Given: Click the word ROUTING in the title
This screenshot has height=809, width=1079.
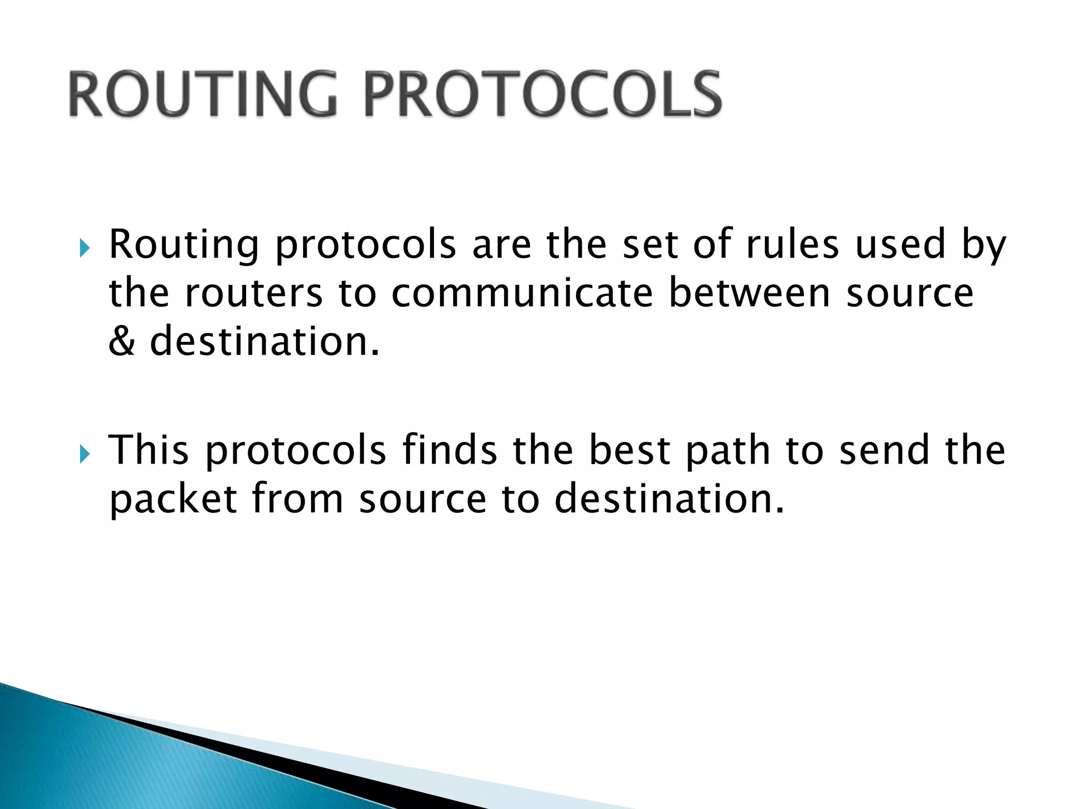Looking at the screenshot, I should (x=203, y=95).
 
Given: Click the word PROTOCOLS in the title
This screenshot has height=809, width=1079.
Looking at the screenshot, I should (x=543, y=95).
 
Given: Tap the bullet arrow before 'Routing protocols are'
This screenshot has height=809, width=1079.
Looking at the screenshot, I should (x=84, y=248).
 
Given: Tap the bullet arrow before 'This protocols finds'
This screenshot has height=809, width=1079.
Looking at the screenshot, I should (x=84, y=453).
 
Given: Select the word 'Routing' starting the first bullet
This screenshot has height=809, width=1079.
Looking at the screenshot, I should (x=184, y=245).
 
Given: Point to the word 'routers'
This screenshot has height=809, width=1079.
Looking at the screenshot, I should (x=253, y=293).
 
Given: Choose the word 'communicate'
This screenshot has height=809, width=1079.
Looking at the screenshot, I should (x=522, y=293).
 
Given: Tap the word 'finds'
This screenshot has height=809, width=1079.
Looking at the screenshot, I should (x=450, y=451).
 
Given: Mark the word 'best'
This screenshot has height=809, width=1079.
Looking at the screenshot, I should (x=630, y=451).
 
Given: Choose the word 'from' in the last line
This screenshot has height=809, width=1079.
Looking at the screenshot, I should (x=298, y=499).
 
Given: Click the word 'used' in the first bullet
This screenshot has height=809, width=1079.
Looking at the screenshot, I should (x=900, y=245).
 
